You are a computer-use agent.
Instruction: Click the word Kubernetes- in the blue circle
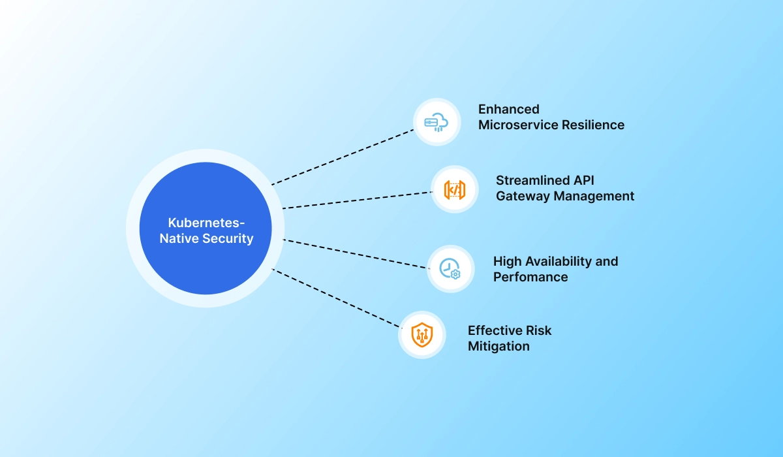pyautogui.click(x=206, y=222)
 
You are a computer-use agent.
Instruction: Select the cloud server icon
pyautogui.click(x=437, y=122)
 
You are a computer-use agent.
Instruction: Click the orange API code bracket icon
pyautogui.click(x=454, y=189)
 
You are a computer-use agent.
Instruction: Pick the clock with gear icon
pyautogui.click(x=450, y=268)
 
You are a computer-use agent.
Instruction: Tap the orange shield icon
pyautogui.click(x=422, y=335)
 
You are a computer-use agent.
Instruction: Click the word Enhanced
pyautogui.click(x=508, y=109)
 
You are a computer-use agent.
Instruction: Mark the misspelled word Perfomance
pyautogui.click(x=530, y=277)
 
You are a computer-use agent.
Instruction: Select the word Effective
pyautogui.click(x=494, y=330)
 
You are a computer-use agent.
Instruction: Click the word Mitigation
pyautogui.click(x=499, y=346)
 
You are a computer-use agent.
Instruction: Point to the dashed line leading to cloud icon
pyautogui.click(x=343, y=157)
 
